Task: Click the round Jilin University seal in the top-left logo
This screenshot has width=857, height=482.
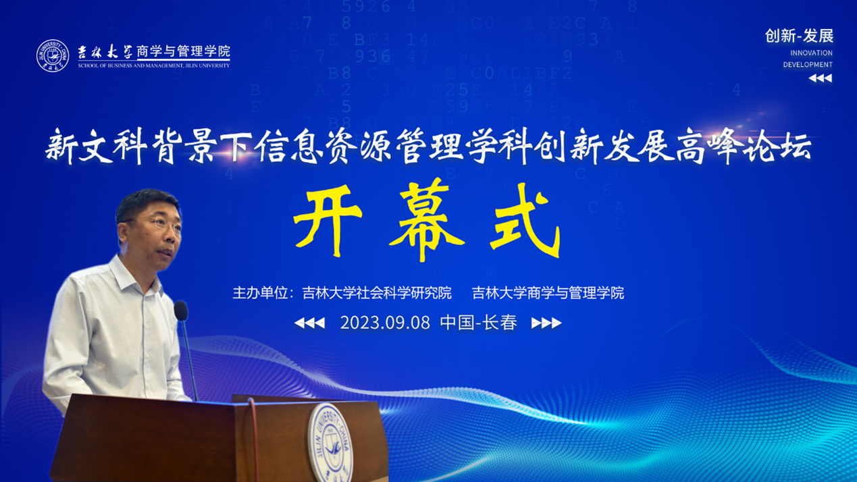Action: (53, 56)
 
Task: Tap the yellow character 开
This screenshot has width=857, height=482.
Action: (328, 220)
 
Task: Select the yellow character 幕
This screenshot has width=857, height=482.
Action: (427, 219)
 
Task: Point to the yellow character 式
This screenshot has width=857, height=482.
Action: (525, 220)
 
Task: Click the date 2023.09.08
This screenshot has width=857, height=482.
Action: (385, 323)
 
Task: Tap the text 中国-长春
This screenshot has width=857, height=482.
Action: (478, 323)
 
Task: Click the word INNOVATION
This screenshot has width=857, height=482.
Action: (811, 53)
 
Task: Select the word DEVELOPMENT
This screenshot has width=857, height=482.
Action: (808, 65)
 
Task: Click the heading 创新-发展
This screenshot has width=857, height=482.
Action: (799, 36)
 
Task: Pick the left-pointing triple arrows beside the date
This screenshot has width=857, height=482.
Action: (309, 323)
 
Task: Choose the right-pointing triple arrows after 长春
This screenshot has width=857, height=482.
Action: (546, 323)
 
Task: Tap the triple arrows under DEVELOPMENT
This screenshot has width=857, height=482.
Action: (821, 78)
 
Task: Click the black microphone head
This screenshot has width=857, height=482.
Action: (181, 311)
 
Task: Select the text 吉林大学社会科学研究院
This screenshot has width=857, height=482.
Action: (377, 293)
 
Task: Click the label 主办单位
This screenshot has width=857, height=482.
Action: (260, 293)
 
